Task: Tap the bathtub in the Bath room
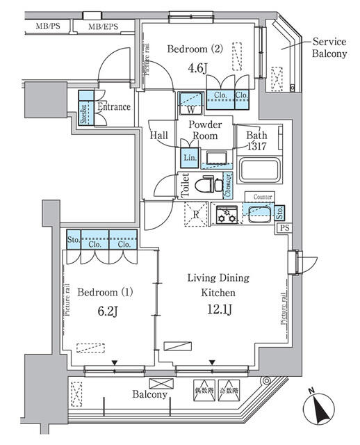259,168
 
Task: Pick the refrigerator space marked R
196,215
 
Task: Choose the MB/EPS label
102,28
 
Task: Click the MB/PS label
47,28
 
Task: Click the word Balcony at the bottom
151,394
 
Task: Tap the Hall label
159,136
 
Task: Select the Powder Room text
206,130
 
